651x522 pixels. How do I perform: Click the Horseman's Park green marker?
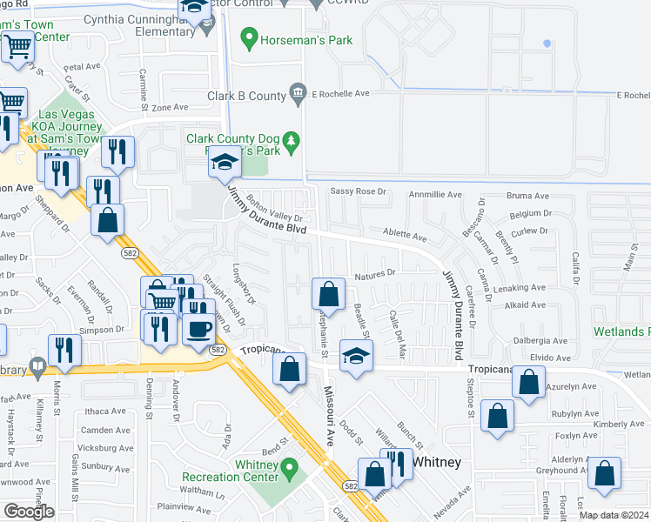point(249,38)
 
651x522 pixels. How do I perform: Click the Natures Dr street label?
point(375,273)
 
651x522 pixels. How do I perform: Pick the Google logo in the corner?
point(29,511)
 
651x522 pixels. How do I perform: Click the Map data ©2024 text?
point(614,515)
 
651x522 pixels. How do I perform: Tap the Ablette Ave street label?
point(406,236)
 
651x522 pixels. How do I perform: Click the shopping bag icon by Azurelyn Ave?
point(528,382)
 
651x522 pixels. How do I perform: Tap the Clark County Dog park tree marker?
point(292,139)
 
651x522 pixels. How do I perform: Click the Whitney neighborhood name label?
point(436,462)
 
